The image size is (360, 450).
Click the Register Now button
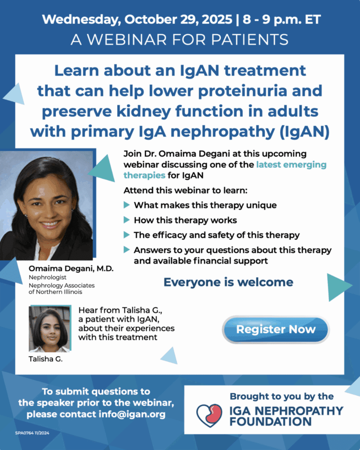point(276,330)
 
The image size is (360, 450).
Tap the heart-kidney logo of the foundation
point(209,415)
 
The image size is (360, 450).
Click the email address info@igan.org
point(132,414)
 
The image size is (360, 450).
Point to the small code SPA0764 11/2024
point(32,433)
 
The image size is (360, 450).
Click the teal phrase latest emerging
point(291,164)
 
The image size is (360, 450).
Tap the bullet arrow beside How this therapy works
point(126,220)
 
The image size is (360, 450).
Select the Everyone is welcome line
point(228,282)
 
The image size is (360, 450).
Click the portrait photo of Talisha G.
point(50,329)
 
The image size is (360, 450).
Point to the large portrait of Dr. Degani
point(47,205)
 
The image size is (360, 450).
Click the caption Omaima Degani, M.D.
point(71,269)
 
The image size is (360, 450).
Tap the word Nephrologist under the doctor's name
point(47,277)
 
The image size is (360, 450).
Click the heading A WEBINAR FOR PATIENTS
point(180,40)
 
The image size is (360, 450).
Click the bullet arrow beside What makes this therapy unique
point(126,205)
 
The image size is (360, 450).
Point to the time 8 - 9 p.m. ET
point(282,19)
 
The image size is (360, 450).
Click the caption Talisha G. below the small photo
point(46,359)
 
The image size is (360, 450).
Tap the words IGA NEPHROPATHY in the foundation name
point(286,411)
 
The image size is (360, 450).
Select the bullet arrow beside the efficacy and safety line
point(126,235)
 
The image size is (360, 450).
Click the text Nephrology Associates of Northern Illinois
point(61,288)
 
